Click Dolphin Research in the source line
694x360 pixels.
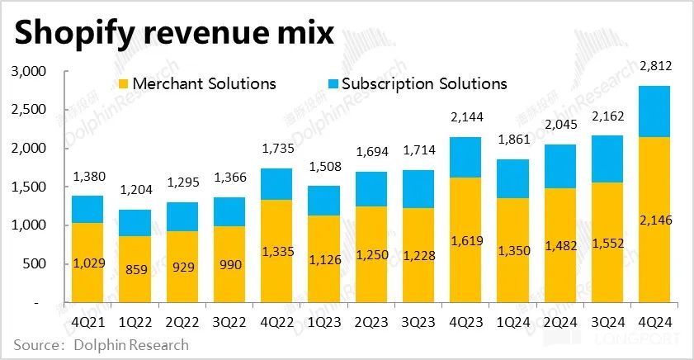[132, 345]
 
